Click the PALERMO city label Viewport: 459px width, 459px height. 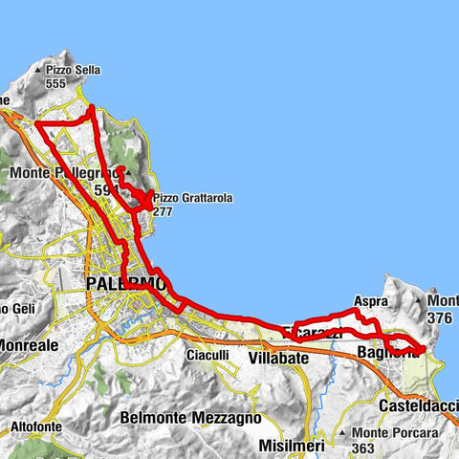click(x=125, y=285)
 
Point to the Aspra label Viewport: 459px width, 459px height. click(x=370, y=300)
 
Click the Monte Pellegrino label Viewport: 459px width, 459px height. click(x=62, y=173)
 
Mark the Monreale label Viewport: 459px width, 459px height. click(x=29, y=343)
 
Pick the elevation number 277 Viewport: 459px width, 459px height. click(x=162, y=211)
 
